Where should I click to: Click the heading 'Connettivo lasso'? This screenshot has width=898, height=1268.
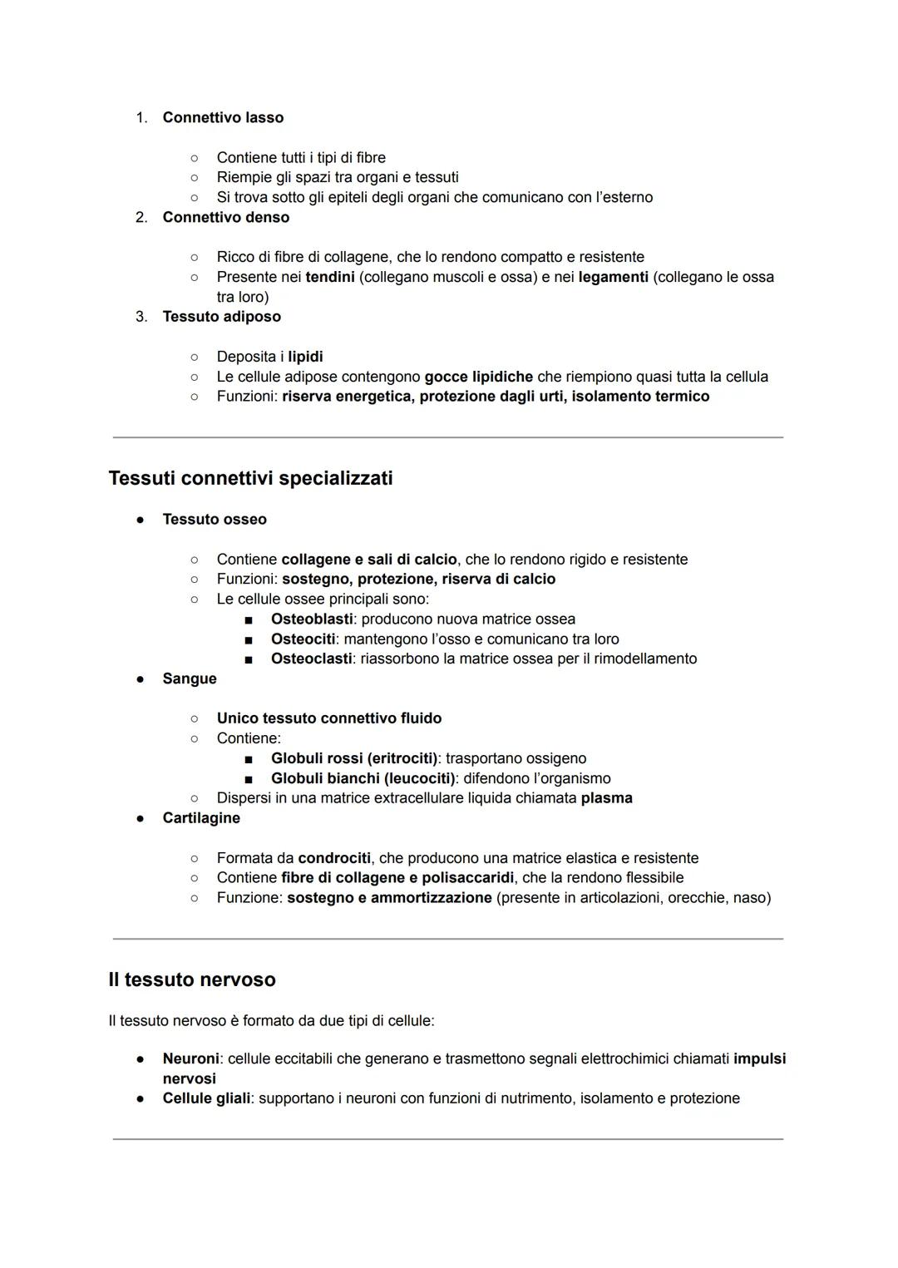(x=223, y=117)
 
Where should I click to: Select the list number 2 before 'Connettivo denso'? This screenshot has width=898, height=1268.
(x=141, y=217)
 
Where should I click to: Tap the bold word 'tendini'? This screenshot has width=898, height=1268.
(x=330, y=277)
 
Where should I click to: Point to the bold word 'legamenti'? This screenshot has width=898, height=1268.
(x=613, y=277)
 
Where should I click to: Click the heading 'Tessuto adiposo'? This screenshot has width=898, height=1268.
(x=221, y=317)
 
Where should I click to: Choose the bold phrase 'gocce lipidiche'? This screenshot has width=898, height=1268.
(x=478, y=377)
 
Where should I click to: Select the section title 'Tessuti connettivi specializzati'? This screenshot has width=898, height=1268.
(x=250, y=478)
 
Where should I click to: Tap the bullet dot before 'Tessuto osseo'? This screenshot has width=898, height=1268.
(x=141, y=520)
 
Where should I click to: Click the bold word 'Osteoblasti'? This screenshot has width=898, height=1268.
(x=312, y=619)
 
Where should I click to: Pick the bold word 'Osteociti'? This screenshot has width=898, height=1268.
(x=303, y=639)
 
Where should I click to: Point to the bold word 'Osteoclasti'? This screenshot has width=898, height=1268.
(x=311, y=659)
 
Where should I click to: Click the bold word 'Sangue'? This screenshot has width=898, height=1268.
(x=190, y=678)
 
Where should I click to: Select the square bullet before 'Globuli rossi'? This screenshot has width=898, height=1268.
(x=248, y=759)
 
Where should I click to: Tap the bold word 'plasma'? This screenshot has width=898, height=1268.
(x=606, y=798)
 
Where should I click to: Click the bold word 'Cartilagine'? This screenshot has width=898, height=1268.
(x=201, y=818)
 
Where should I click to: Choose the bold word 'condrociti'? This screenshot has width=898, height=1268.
(x=334, y=858)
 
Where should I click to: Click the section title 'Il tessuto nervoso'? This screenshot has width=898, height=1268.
(x=192, y=979)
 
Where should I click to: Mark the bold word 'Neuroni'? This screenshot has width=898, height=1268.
(x=190, y=1059)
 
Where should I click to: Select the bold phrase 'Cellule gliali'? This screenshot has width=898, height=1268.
(x=206, y=1098)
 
